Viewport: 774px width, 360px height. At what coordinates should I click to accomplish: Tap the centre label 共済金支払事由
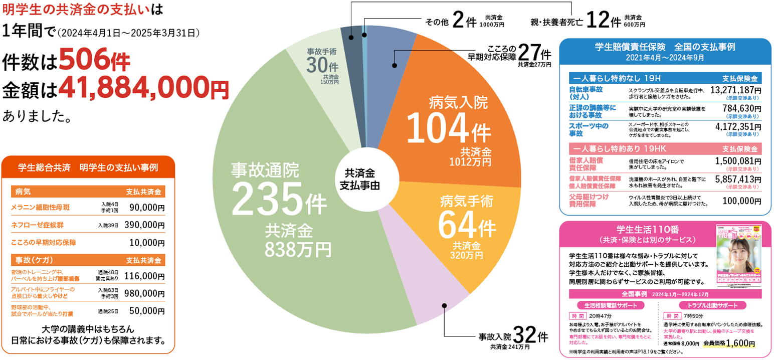[x=359, y=179]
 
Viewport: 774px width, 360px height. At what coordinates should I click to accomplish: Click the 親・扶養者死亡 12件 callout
[x=587, y=21]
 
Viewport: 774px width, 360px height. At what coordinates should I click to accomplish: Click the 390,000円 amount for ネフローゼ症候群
[x=144, y=225]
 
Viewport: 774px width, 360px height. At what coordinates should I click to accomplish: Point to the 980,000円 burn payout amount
[x=144, y=293]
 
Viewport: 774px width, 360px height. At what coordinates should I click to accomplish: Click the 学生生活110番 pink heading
[x=638, y=230]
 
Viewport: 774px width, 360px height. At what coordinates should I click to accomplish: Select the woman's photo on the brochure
[x=738, y=256]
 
